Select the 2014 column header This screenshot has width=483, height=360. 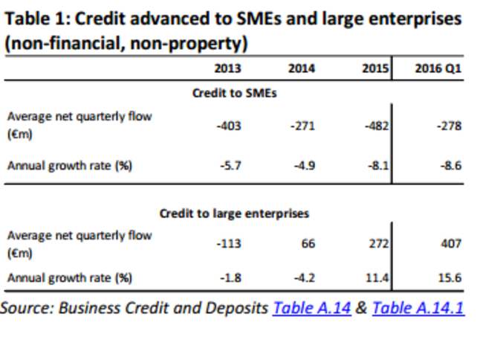pos(301,69)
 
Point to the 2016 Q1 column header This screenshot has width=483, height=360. pos(438,69)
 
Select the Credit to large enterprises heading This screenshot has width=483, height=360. pos(234,213)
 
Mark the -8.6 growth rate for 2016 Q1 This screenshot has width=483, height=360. pos(450,166)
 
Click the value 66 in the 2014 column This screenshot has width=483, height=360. pos(308,243)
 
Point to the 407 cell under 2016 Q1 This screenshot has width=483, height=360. pos(451,243)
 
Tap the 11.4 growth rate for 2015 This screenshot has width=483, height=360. pos(378,278)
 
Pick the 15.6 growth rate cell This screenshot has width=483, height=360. pos(450,278)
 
